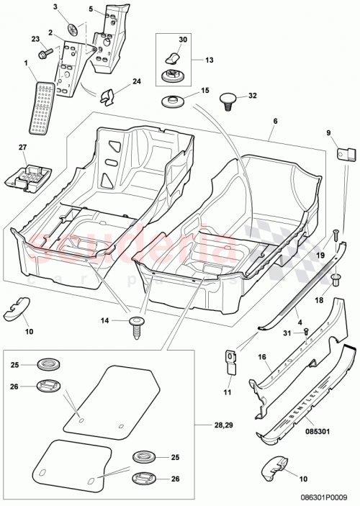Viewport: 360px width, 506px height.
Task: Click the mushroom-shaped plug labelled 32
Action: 228,97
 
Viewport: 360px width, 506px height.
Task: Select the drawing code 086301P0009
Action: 325,496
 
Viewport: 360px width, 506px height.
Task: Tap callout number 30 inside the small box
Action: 182,40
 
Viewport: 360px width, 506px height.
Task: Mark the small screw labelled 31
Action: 306,331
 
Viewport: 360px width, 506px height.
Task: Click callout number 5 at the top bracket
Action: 91,9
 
